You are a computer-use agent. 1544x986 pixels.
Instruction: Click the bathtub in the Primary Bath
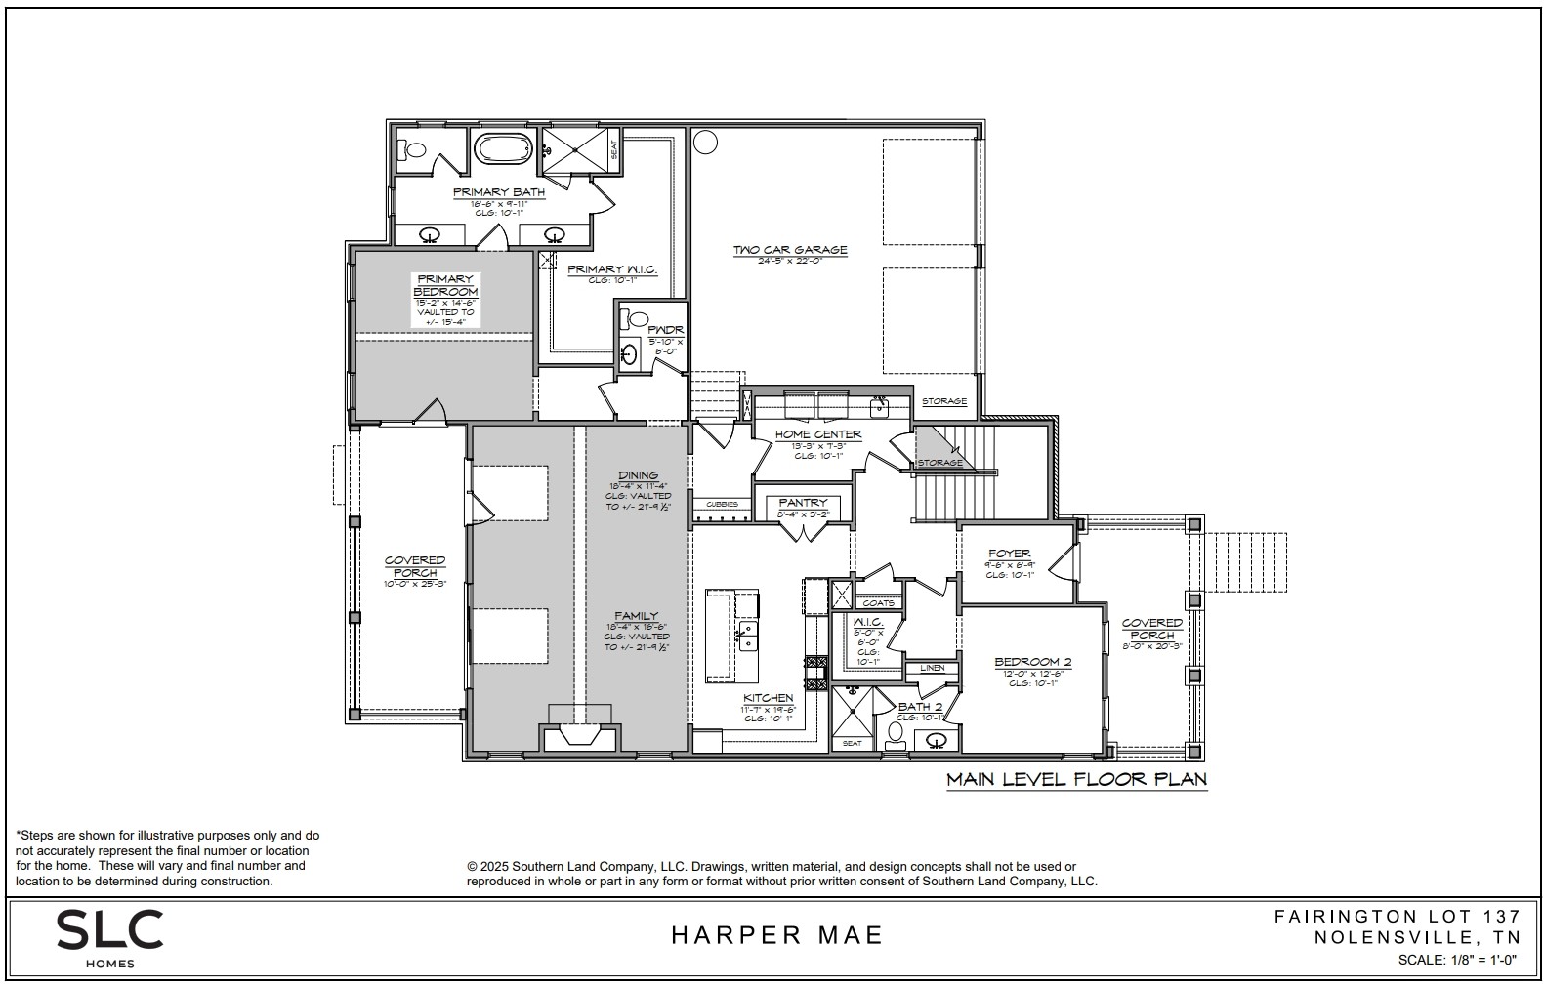coord(503,149)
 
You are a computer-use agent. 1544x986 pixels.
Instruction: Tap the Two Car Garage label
coord(789,250)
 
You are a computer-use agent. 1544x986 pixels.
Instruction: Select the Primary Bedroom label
coord(445,285)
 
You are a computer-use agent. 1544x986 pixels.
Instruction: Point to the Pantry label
coord(803,503)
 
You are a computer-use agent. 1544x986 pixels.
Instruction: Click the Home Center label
coord(817,434)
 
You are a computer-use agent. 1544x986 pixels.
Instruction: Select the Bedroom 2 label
coord(1032,662)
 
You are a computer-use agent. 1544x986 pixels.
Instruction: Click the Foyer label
coord(1009,554)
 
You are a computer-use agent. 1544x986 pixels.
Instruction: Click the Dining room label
coord(638,475)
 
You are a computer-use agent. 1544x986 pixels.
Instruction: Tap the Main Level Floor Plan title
coord(1076,779)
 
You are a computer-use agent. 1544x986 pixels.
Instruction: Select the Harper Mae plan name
coord(776,935)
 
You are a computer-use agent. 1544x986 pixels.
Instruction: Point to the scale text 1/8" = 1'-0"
coord(1457,960)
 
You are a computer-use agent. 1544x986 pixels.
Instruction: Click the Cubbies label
coord(722,504)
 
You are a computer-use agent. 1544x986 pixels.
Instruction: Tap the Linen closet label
coord(932,668)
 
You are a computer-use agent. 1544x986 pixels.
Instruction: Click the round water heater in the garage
coord(704,143)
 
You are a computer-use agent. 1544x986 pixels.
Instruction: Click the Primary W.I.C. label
coord(611,269)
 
